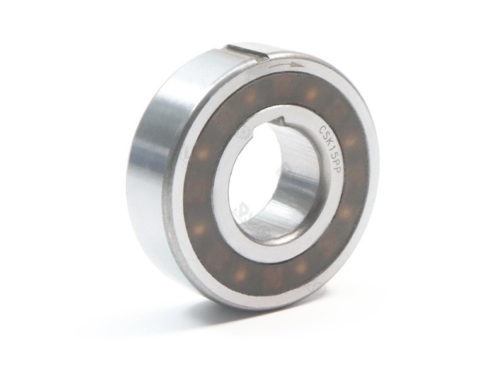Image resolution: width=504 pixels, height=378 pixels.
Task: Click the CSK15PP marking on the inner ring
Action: (x=328, y=155)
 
